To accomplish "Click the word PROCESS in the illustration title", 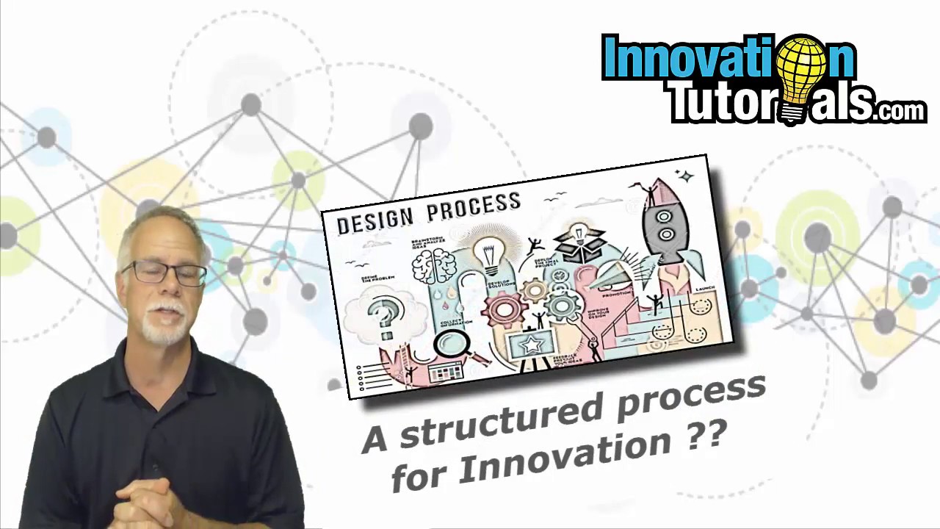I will pos(474,205).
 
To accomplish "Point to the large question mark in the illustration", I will pos(383,317).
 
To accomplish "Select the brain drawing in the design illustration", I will pos(434,264).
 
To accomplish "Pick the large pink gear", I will pos(504,309).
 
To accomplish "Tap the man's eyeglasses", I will pos(165,273).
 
